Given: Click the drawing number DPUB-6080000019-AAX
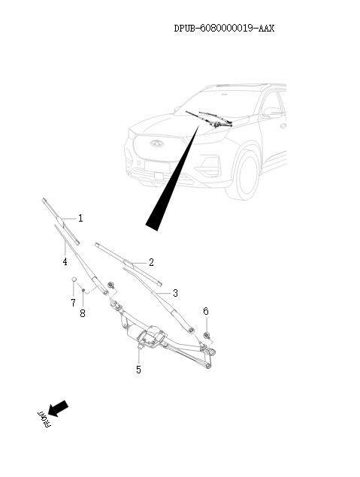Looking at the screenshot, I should coord(224,29).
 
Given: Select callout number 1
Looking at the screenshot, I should coord(80,219).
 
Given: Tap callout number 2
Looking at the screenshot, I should coord(151,262).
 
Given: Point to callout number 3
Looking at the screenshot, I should coord(175,293).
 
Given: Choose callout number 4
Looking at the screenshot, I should coord(65,261).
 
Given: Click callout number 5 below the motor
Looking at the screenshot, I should coord(138,370).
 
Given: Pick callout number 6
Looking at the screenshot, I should coord(206,310).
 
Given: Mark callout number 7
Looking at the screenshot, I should coord(73,302).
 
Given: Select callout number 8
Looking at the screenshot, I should coord(83,312).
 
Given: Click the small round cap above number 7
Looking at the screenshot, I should coord(74,281).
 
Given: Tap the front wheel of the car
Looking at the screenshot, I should coord(243,176).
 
